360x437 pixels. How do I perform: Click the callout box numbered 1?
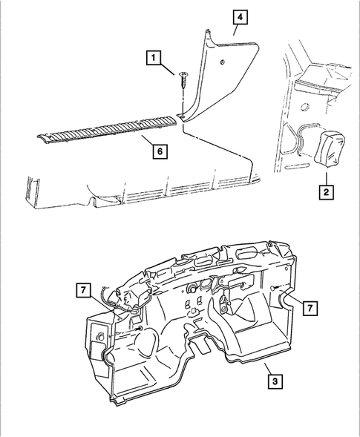click(154, 56)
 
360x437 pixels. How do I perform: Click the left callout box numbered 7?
click(82, 289)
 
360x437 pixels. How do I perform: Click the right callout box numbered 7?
click(310, 306)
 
